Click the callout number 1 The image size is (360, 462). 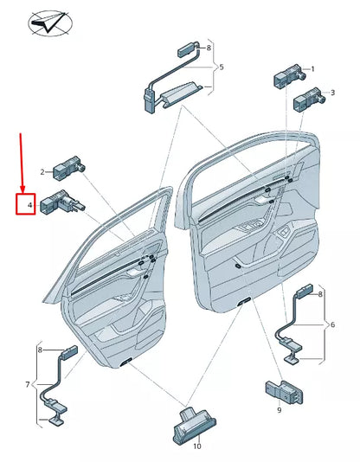312,69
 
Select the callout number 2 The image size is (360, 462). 42,172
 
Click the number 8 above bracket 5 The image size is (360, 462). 209,36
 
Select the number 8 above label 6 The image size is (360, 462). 320,294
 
